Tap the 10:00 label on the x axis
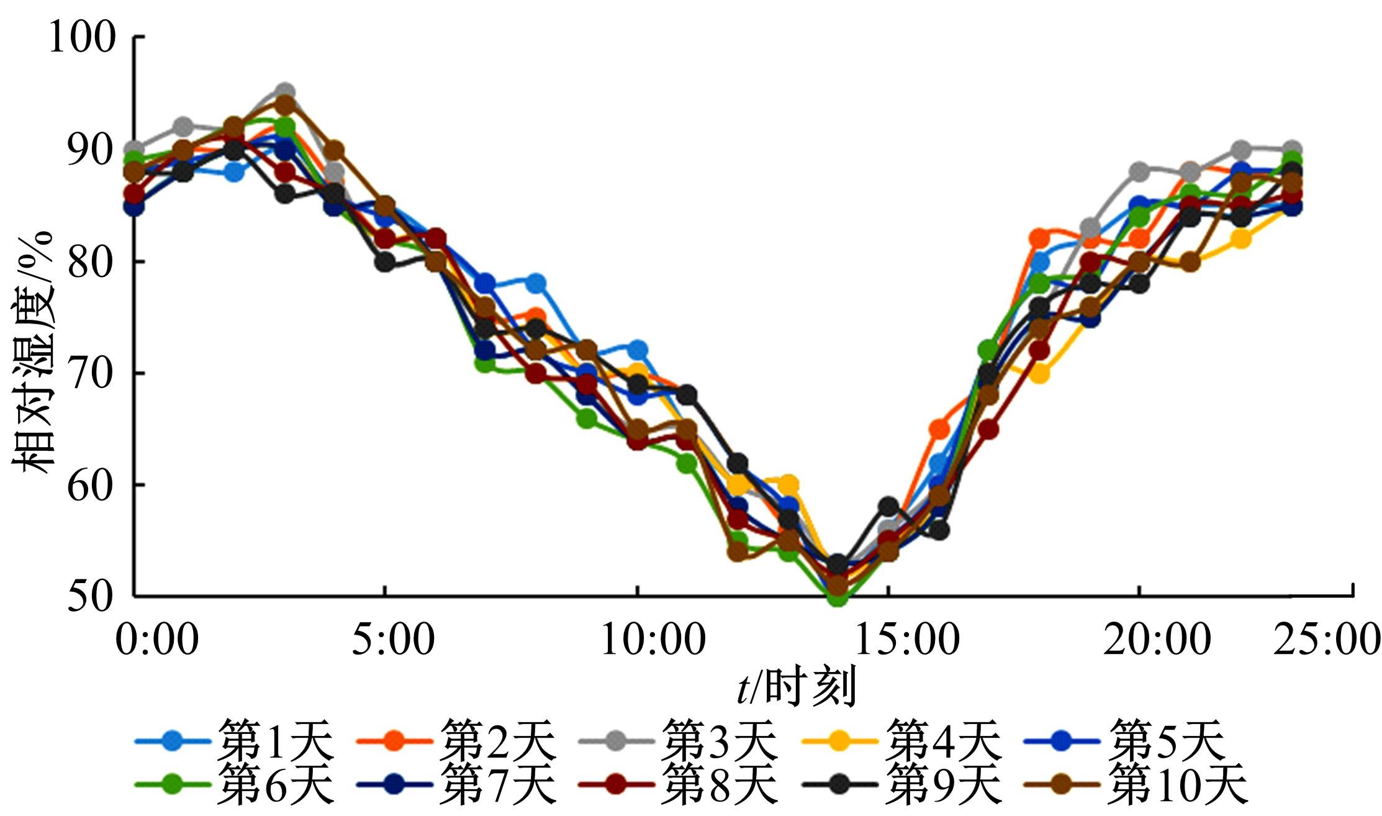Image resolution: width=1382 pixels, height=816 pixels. point(652,640)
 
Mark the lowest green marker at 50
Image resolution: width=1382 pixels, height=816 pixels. point(837,597)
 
